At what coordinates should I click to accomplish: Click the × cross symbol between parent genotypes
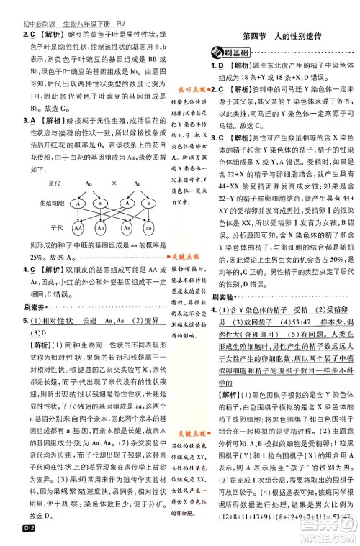(x=112, y=184)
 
